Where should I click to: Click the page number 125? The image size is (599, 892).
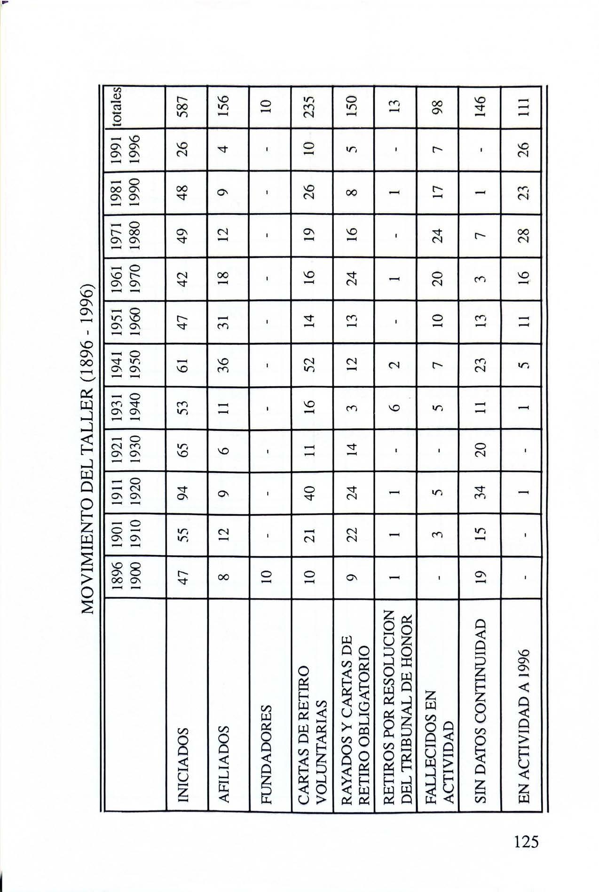[526, 841]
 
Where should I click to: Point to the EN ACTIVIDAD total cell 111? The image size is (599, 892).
[522, 107]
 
